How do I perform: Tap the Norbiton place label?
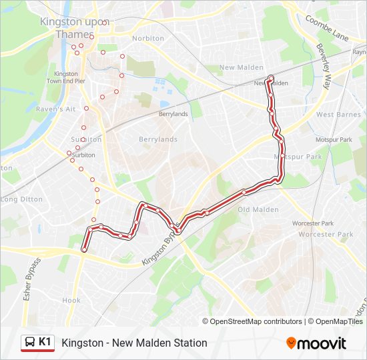[148, 39]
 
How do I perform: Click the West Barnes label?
[338, 115]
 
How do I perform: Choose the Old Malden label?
[258, 209]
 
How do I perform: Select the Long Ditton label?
[21, 199]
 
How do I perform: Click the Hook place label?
[71, 301]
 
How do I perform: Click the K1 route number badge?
[45, 342]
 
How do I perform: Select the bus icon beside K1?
[29, 343]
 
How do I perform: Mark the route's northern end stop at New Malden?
[270, 77]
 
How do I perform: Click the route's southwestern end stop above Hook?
[84, 250]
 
